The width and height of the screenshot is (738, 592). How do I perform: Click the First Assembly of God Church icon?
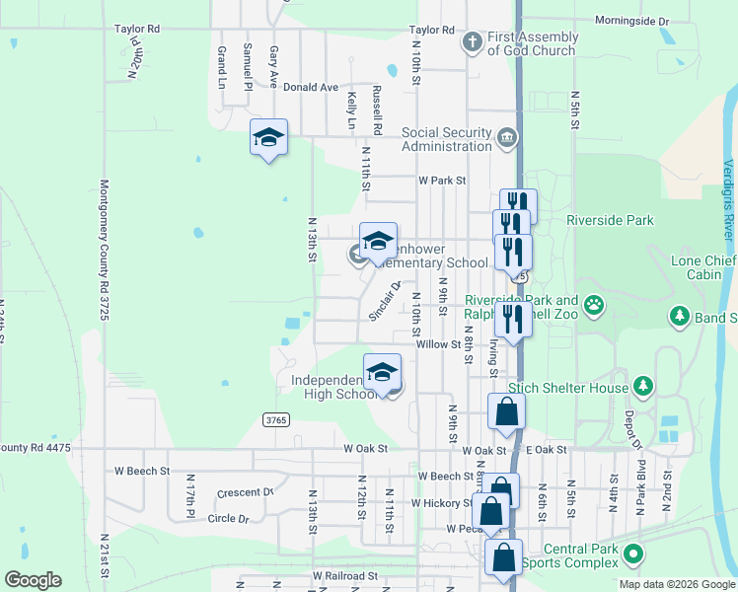click(473, 42)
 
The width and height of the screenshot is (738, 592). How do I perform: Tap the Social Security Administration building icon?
click(507, 136)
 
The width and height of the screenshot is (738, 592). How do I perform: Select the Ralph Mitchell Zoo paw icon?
click(594, 305)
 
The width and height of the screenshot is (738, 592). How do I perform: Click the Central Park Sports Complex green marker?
click(633, 555)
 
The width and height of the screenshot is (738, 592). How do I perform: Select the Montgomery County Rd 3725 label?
click(103, 250)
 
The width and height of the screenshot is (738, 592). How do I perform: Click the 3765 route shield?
click(276, 420)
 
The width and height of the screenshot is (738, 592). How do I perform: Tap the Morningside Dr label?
click(632, 20)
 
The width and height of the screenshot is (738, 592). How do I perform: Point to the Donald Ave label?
click(311, 87)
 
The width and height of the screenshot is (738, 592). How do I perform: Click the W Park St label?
click(441, 181)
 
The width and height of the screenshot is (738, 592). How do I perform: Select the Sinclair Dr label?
click(385, 300)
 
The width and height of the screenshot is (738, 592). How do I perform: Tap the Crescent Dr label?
click(245, 492)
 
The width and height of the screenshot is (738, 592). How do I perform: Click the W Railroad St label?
click(345, 575)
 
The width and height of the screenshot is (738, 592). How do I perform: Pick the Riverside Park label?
click(611, 221)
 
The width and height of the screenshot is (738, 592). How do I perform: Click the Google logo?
click(33, 580)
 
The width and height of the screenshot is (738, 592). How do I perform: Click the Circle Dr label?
click(228, 517)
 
